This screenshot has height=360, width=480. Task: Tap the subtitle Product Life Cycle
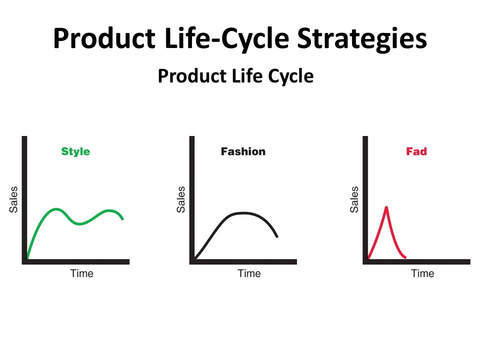[x=235, y=76]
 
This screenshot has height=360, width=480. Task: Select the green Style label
[x=75, y=151]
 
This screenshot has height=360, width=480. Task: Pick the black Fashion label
[x=243, y=151]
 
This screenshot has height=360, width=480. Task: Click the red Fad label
[x=416, y=151]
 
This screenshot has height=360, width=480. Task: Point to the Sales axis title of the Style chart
[x=13, y=199]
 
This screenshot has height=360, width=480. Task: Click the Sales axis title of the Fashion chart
[x=181, y=199]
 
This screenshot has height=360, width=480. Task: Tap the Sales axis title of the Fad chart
[x=354, y=199]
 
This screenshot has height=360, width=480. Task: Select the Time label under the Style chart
[x=81, y=273]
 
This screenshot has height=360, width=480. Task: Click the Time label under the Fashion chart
[x=249, y=273]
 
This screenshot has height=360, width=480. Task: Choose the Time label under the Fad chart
[x=422, y=273]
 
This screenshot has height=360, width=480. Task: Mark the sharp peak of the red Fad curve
[x=386, y=206]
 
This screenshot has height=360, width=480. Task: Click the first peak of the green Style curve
[x=56, y=209]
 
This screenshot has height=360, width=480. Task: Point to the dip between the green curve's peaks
[x=80, y=223]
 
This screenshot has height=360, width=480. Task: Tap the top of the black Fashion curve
[x=242, y=213]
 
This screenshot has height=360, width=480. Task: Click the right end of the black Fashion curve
[x=277, y=236]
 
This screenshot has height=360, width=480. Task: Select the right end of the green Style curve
[x=122, y=218]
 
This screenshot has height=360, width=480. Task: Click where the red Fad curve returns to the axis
[x=405, y=258]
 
